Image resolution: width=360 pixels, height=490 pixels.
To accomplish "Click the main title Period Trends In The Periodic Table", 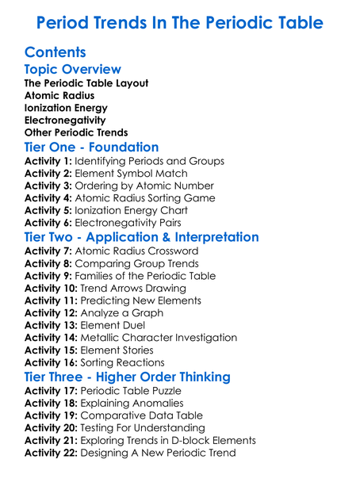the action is point(180,22).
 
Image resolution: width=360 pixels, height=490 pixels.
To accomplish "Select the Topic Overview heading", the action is point(73,70).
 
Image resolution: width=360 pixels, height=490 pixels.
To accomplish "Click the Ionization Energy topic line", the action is point(66,108).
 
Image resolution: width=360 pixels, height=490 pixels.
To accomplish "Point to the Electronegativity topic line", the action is point(65,121).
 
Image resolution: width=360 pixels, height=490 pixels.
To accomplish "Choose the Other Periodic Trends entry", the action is point(76,132).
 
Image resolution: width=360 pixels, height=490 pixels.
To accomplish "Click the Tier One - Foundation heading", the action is point(91,147).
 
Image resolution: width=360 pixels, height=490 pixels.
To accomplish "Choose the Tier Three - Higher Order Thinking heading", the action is point(127,377).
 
